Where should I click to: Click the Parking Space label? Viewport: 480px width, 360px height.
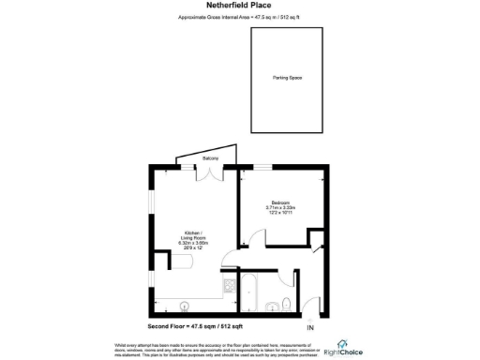pyautogui.click(x=288, y=78)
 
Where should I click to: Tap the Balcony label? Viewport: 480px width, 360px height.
pyautogui.click(x=211, y=159)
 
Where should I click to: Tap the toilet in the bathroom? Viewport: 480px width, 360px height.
pyautogui.click(x=285, y=303)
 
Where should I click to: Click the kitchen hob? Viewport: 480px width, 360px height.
pyautogui.click(x=227, y=285)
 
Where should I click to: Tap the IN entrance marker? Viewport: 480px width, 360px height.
pyautogui.click(x=310, y=327)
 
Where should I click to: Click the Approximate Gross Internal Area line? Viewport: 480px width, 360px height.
pyautogui.click(x=239, y=18)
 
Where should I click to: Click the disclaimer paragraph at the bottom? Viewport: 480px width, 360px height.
pyautogui.click(x=211, y=348)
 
